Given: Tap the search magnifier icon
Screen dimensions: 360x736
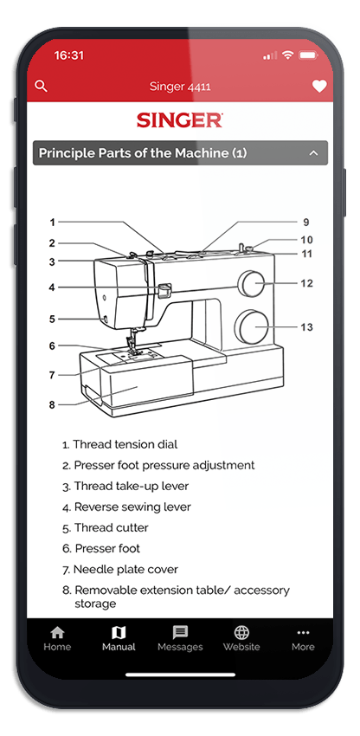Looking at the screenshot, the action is coord(42,86).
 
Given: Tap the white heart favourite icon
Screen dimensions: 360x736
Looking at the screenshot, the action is coord(319,87).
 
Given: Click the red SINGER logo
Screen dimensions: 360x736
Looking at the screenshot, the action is coord(180,120).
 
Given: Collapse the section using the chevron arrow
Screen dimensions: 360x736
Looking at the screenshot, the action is coord(313,153).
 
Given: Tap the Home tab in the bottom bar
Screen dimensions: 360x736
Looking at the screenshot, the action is coord(57,639).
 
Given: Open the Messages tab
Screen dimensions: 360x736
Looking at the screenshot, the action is coord(180,639).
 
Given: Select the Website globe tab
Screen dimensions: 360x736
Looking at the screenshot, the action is coord(241,639).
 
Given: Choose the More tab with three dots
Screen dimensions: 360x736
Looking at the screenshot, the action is coord(303,639).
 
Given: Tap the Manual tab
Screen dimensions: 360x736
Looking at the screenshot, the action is coord(119,639).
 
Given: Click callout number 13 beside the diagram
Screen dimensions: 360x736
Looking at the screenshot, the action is coord(306,327).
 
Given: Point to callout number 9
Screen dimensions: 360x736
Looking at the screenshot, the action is coord(306,222).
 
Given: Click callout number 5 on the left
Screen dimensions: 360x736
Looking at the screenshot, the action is coord(52,320).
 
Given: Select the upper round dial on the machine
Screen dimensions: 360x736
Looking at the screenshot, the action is coord(250,284).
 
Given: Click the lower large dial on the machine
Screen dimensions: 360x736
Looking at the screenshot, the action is coord(252,326).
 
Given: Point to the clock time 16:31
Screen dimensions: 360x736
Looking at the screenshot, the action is coord(68,55).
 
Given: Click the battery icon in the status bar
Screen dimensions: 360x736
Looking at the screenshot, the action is coord(308,55).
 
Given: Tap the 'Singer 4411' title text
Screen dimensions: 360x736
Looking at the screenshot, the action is coord(180,87).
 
